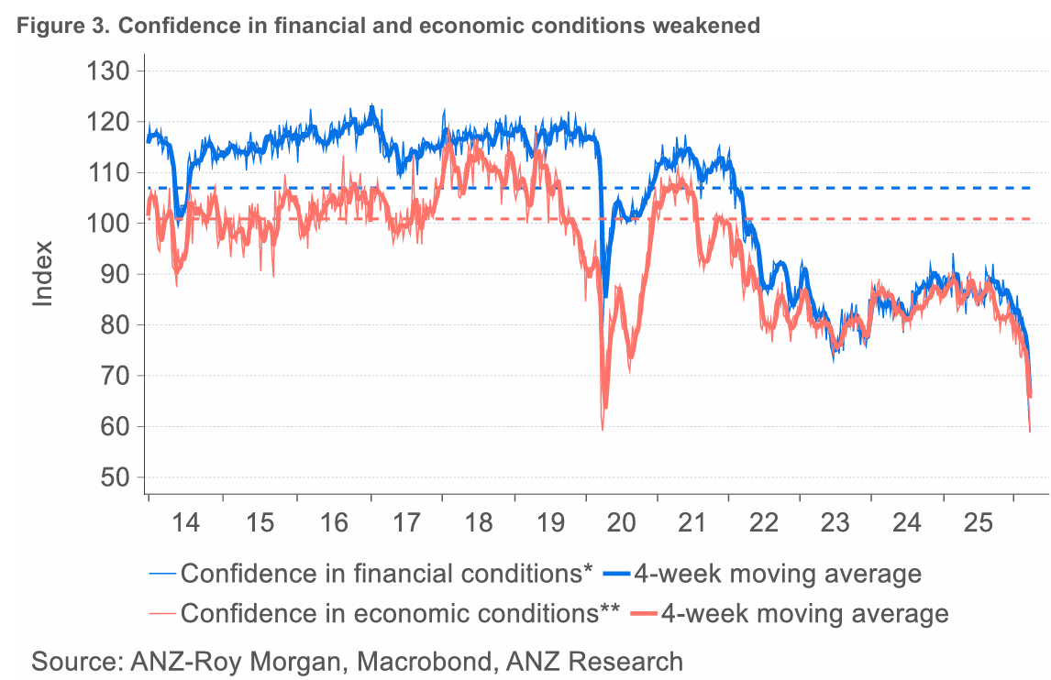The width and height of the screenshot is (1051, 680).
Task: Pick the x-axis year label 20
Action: tap(621, 522)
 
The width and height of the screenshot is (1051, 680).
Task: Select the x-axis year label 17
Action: tap(405, 522)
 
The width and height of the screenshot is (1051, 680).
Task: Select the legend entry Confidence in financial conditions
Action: tap(386, 575)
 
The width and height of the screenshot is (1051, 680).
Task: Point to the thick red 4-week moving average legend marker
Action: tap(641, 612)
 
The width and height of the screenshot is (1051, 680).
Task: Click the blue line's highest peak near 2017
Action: tap(371, 105)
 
